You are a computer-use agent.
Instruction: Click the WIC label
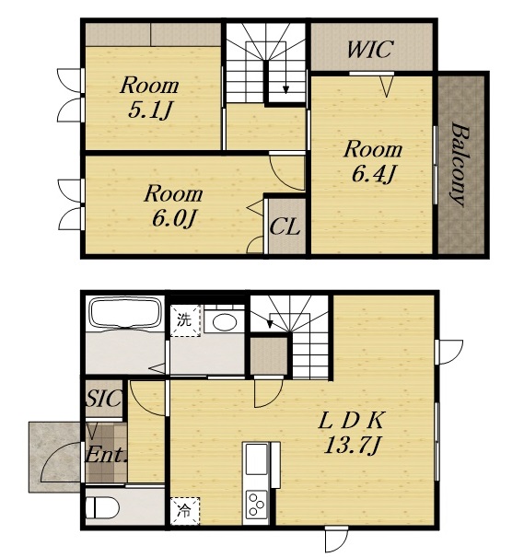coord(370,50)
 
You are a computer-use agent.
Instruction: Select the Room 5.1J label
coord(149,98)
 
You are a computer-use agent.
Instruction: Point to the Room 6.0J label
coord(173,205)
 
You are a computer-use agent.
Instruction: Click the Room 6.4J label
coord(373,162)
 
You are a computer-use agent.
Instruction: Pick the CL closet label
coord(285,226)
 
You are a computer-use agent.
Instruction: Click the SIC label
coord(104,399)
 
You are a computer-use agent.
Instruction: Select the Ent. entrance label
coord(106,454)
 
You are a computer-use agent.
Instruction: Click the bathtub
coord(125,312)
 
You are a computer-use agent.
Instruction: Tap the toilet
coord(102,508)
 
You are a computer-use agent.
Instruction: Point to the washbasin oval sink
coord(225,322)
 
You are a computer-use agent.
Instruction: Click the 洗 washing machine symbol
coord(185,320)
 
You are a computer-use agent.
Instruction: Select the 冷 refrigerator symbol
coord(185,511)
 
